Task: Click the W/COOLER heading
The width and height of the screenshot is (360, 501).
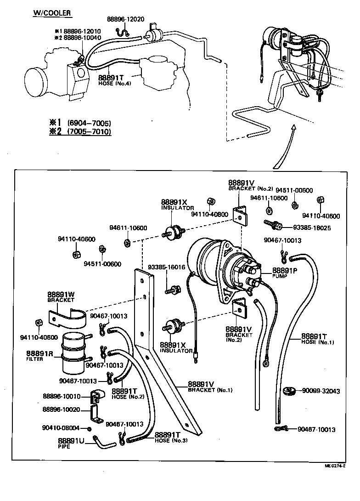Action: (x=52, y=13)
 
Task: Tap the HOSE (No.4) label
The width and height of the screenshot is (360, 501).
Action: (x=114, y=83)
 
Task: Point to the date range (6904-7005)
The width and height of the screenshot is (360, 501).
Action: (x=89, y=123)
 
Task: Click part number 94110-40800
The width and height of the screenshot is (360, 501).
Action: (x=209, y=214)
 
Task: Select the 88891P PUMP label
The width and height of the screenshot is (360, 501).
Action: (x=285, y=272)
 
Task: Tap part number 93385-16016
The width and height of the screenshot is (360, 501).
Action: (x=166, y=267)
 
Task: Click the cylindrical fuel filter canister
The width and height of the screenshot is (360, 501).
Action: (x=74, y=352)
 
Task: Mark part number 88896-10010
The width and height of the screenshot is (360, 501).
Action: (x=62, y=396)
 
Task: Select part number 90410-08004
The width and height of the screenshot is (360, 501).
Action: (x=61, y=427)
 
